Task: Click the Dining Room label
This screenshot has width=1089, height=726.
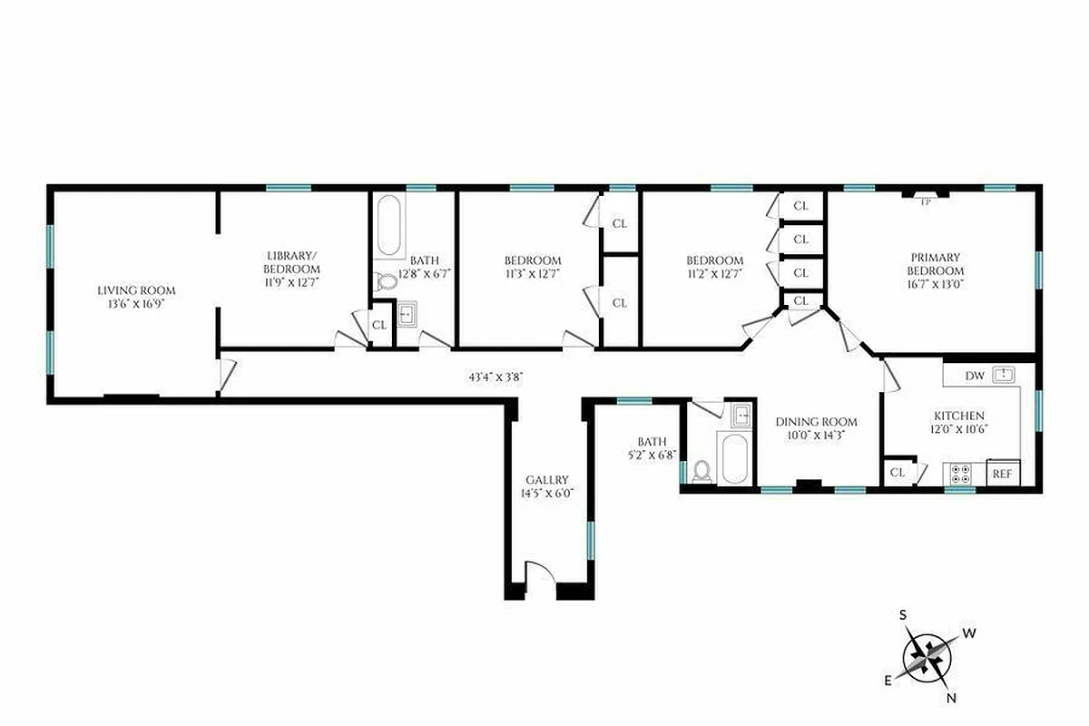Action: [x=816, y=428]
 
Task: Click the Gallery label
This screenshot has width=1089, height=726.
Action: [x=547, y=486]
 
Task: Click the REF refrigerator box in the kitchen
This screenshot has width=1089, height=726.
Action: [x=1002, y=473]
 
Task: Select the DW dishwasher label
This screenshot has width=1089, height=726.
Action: [x=975, y=375]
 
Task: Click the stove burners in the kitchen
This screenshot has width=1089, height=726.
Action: [x=960, y=473]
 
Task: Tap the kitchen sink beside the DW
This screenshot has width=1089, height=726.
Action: [x=1003, y=374]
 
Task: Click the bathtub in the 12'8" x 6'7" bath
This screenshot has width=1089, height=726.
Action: [x=390, y=227]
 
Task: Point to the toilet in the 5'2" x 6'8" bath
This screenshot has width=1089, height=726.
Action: [x=701, y=471]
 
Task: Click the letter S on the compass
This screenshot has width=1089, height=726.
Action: [x=903, y=615]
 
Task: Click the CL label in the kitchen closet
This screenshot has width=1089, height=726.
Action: [x=898, y=473]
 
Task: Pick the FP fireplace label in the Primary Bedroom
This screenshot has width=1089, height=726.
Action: [x=926, y=202]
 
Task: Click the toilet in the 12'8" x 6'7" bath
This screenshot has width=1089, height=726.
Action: [x=388, y=281]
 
